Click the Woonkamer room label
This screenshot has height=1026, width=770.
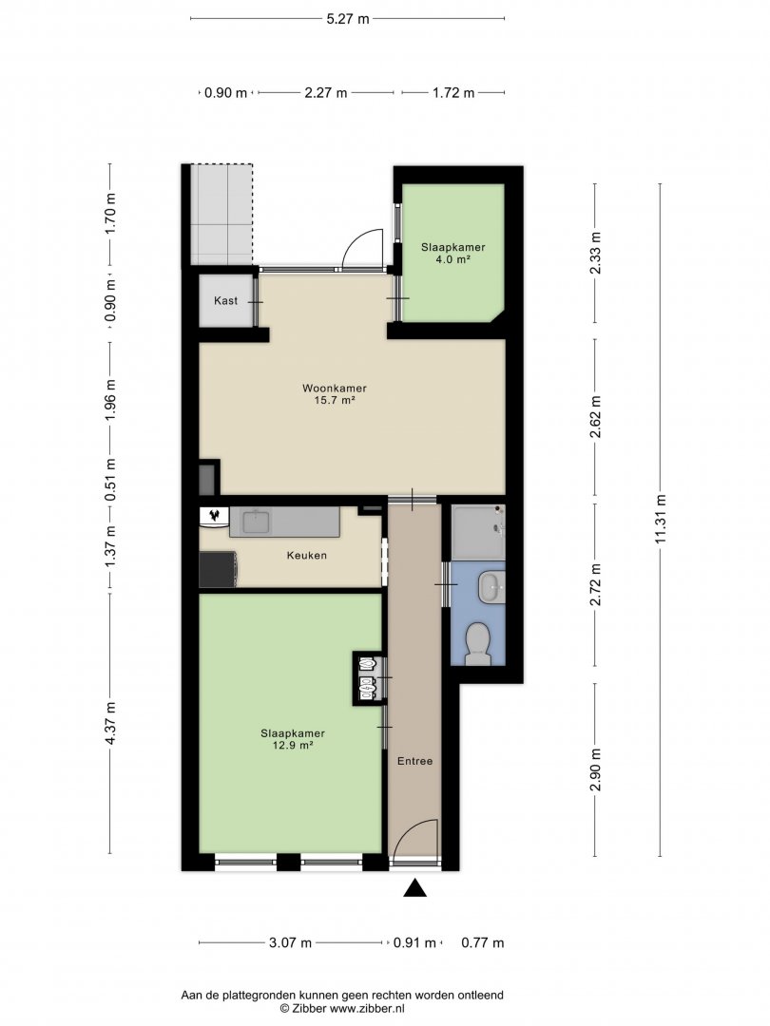[334, 388]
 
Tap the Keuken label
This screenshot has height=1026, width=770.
[306, 556]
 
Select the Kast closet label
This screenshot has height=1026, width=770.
[226, 301]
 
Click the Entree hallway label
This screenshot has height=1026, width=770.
[415, 761]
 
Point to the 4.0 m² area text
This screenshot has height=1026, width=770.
[453, 259]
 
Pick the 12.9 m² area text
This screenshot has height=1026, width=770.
[293, 745]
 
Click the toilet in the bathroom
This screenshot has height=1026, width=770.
[478, 642]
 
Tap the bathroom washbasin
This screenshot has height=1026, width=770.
[491, 587]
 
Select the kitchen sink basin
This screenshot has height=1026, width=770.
[256, 522]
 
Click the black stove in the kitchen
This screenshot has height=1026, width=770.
[218, 569]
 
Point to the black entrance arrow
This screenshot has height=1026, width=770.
[415, 888]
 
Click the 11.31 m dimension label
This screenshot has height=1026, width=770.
[660, 520]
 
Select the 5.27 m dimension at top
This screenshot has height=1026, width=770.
[348, 19]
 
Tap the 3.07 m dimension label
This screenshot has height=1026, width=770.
[291, 943]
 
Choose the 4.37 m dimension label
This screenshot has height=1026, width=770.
[110, 723]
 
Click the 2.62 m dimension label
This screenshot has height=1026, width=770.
[595, 417]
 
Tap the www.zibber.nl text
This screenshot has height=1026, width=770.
[367, 1008]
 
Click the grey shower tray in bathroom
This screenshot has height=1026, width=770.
[478, 532]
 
